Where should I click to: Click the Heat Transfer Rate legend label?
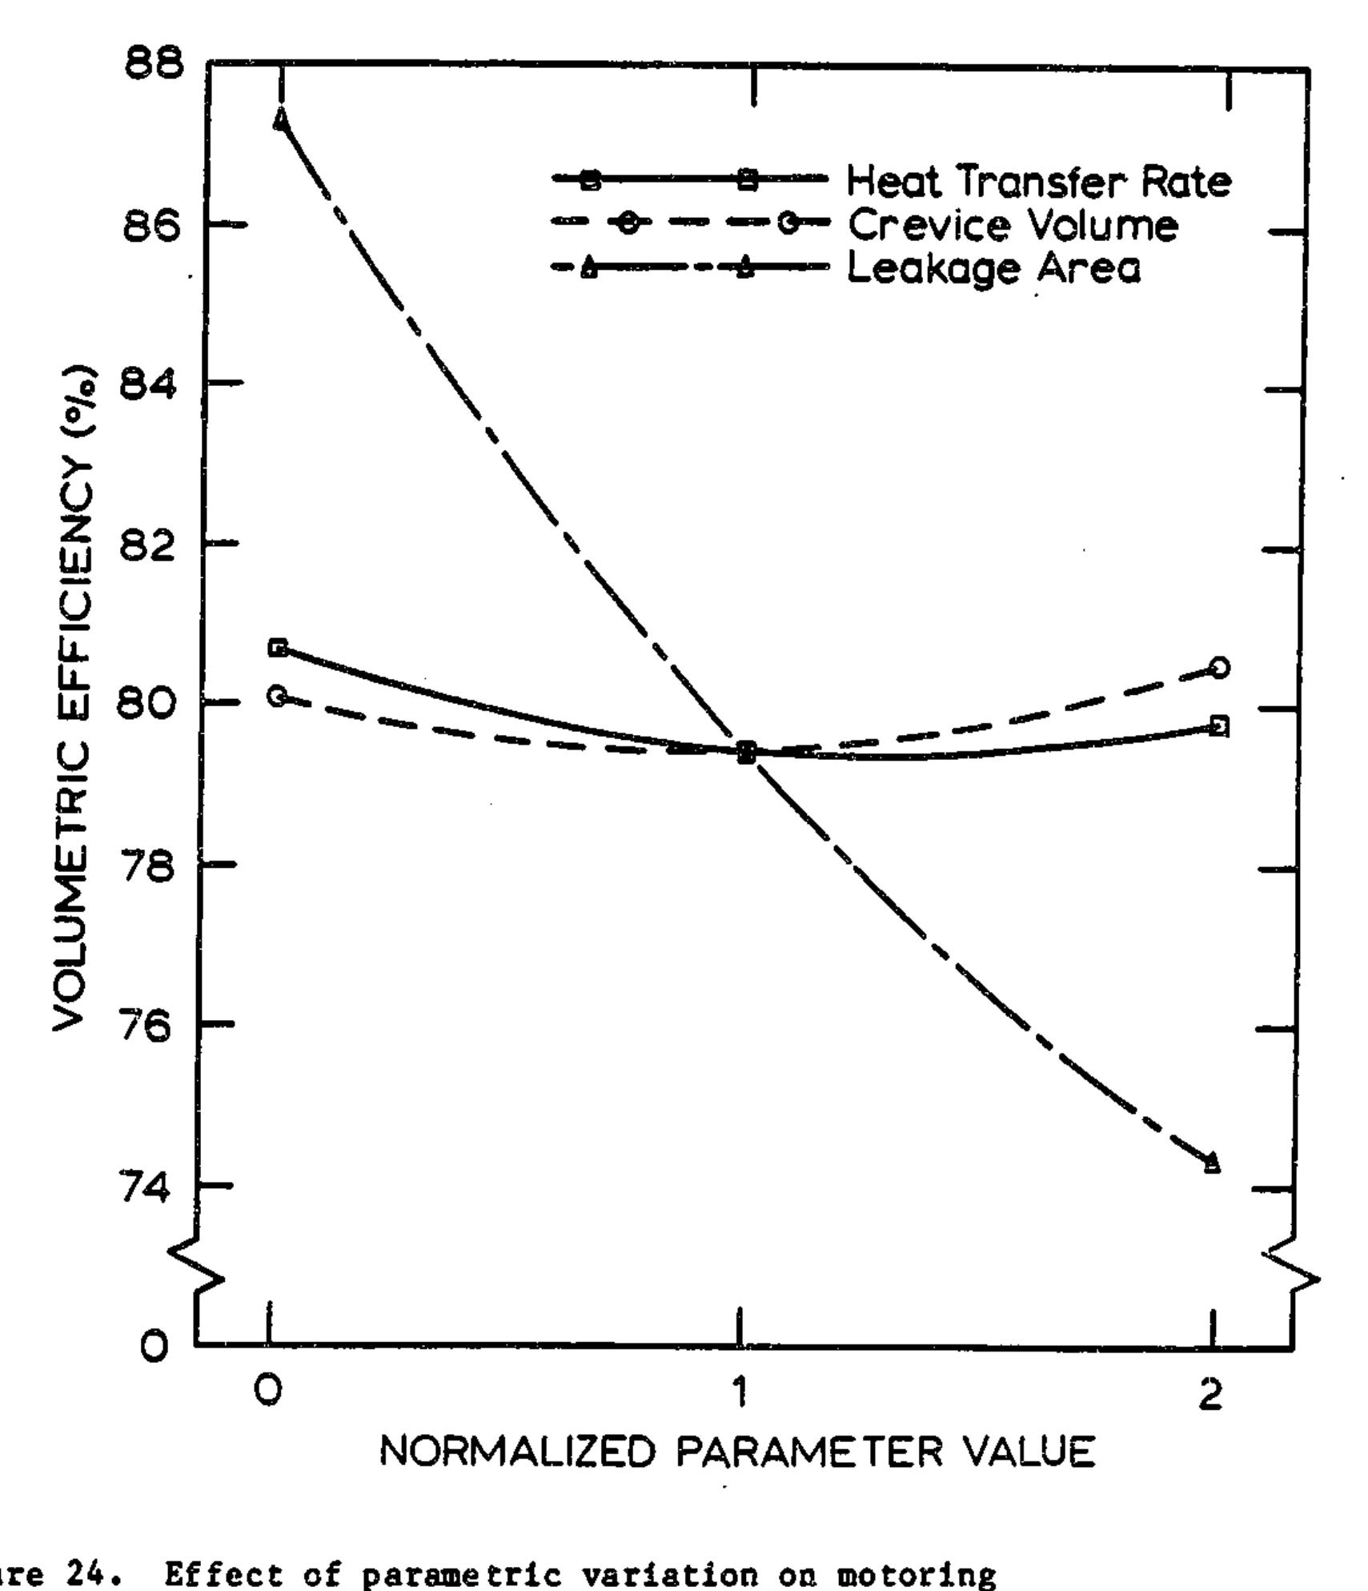point(1038,181)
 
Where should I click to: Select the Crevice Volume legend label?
point(1012,225)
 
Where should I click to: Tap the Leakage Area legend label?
point(993,268)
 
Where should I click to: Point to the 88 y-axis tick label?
point(154,63)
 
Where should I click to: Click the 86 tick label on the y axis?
point(152,226)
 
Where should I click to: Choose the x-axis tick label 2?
point(1213,1394)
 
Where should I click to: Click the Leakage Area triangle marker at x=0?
point(281,119)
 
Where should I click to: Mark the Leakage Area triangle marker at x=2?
point(1212,1162)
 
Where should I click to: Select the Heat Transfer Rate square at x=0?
point(278,647)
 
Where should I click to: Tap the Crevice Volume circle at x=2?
point(1219,667)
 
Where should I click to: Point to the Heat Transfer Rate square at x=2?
point(1218,727)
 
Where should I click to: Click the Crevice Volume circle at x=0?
point(278,697)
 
